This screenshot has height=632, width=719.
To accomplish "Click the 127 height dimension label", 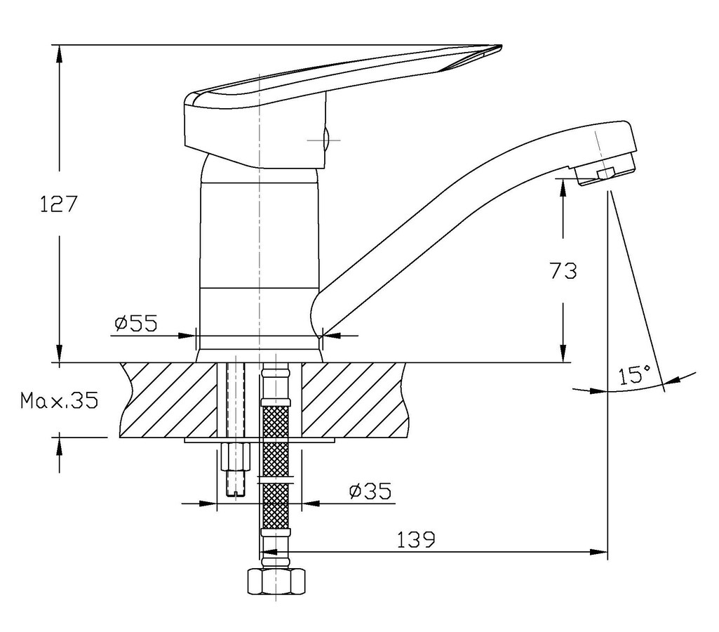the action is (59, 204).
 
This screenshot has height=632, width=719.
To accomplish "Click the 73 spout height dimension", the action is (563, 271).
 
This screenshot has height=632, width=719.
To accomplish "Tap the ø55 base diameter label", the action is (135, 323).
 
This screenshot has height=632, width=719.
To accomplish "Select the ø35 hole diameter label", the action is (370, 491).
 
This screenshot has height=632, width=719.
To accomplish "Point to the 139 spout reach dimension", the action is (415, 540).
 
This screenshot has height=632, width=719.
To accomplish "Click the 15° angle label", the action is (635, 375).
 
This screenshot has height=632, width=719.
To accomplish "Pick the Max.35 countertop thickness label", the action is (59, 401).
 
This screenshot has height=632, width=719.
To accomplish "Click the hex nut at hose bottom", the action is (276, 581).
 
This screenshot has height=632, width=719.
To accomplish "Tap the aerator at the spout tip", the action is (605, 171).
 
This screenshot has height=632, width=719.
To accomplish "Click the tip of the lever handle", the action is (502, 46).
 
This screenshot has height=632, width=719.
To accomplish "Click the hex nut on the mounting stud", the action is (236, 456).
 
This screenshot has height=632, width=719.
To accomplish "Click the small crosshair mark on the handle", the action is (325, 140).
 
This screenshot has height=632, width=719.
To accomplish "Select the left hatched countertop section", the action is (168, 400).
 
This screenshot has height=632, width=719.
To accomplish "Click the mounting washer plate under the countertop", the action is (260, 440).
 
